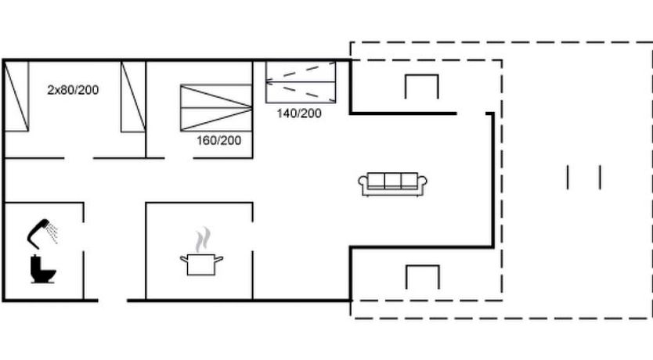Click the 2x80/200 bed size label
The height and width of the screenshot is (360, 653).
(73, 90)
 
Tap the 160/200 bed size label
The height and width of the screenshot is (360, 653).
(218, 140)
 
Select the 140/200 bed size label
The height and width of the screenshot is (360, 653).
(299, 113)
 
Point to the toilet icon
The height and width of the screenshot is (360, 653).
(42, 269)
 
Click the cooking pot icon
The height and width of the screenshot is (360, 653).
(201, 265)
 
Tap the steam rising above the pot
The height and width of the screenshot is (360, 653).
(203, 239)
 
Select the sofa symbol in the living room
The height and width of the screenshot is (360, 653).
(393, 184)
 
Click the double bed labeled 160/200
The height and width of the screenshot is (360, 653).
(216, 108)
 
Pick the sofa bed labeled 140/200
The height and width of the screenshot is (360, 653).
(301, 82)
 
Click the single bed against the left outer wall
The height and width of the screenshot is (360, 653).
(16, 96)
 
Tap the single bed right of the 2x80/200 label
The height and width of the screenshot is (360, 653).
(133, 97)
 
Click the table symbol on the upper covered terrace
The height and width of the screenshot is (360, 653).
(422, 76)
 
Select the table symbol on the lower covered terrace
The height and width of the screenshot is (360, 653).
(423, 266)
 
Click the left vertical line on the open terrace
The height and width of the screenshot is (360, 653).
(568, 178)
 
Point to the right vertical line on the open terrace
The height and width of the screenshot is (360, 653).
(600, 178)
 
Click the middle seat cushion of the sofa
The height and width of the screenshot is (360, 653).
(393, 181)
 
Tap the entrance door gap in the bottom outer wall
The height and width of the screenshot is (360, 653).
(113, 300)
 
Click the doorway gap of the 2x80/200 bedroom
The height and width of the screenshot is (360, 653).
(78, 158)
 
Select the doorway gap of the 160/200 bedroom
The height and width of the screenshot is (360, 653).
(179, 158)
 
